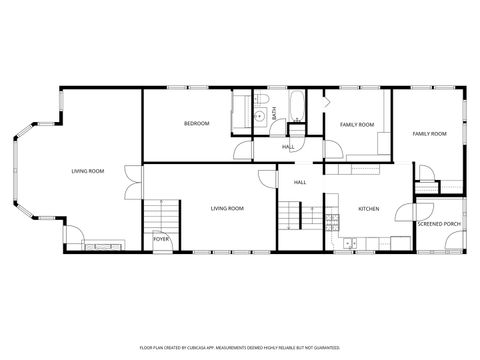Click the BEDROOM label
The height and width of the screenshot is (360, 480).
pos(196,123)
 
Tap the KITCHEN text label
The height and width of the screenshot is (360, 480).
pos(368,208)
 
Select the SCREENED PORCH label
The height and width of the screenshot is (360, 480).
pos(439,224)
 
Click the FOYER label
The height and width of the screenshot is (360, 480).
pos(160,240)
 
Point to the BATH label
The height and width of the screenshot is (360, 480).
pos(274,112)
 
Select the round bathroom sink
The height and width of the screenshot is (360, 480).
pos(258,116)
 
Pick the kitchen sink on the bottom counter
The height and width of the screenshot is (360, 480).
pos(349,243)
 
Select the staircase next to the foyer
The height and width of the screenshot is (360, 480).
pos(161,215)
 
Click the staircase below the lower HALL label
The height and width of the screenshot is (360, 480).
pos(291,214)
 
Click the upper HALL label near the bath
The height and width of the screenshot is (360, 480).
pos(288,147)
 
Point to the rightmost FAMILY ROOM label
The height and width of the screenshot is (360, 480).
pos(430,133)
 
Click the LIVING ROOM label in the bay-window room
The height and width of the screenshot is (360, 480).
pos(88,171)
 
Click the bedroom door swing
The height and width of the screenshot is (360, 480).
pos(243,151)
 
